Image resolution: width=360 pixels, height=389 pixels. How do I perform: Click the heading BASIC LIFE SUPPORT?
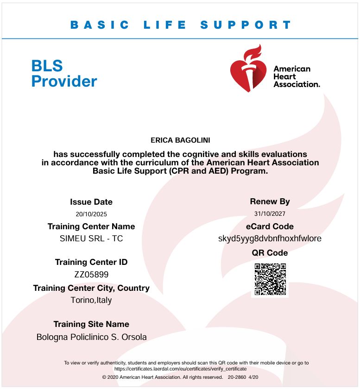click(x=181, y=25)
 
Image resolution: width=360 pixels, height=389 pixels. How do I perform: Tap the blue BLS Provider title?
click(x=64, y=73)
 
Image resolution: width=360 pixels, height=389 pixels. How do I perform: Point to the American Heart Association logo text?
click(x=297, y=76)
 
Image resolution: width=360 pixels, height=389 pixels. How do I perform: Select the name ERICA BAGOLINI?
click(x=180, y=140)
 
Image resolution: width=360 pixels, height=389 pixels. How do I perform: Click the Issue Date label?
click(x=91, y=202)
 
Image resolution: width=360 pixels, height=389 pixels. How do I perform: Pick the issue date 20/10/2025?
click(x=91, y=214)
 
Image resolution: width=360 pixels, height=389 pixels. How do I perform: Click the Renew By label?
click(x=270, y=201)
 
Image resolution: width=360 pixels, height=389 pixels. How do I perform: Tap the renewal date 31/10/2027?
click(x=270, y=213)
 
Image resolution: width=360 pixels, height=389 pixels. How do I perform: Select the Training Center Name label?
click(x=91, y=226)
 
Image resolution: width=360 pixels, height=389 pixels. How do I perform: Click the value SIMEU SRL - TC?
click(x=91, y=239)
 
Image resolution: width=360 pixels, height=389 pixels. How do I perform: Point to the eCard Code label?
click(x=270, y=226)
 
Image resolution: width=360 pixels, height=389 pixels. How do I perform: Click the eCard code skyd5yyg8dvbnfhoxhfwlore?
click(x=270, y=239)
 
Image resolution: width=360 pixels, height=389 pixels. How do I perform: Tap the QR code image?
click(x=270, y=279)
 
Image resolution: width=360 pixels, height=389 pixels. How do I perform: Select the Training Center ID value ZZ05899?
click(x=91, y=274)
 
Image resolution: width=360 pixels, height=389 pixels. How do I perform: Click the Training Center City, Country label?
click(x=91, y=288)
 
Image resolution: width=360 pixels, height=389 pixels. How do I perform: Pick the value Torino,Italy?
click(x=91, y=300)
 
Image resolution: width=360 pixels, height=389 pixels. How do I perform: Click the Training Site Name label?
click(x=91, y=324)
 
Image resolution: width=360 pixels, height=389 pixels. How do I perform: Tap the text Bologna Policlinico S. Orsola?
click(x=91, y=337)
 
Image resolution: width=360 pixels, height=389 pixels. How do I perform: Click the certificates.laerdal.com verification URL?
click(x=180, y=369)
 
